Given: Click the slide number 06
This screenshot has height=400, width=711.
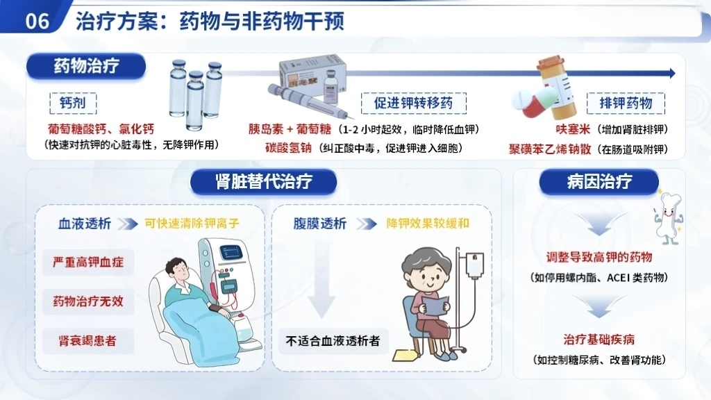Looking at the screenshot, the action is [x=37, y=21].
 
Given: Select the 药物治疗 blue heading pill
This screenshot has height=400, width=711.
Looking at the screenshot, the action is [x=86, y=66].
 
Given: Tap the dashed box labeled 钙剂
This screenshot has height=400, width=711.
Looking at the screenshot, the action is [x=73, y=103].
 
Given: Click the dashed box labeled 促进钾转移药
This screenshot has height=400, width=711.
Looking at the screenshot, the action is [x=414, y=103].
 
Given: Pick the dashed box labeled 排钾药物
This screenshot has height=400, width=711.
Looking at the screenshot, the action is [x=626, y=103].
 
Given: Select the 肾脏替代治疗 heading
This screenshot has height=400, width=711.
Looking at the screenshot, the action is [x=263, y=182].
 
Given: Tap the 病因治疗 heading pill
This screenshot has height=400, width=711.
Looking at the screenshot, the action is [x=599, y=182].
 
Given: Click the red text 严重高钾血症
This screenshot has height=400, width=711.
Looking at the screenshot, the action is [x=88, y=262].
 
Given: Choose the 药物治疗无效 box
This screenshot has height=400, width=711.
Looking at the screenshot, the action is [x=88, y=301].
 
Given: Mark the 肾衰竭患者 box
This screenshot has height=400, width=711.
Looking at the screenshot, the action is [x=88, y=341].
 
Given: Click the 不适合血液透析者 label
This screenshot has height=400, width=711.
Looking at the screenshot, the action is [x=333, y=341].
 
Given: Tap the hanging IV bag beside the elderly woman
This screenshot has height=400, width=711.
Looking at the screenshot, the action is [x=475, y=265].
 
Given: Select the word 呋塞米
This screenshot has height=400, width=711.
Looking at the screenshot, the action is [x=573, y=129].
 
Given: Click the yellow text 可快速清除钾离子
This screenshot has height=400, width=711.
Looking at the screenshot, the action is [x=192, y=223].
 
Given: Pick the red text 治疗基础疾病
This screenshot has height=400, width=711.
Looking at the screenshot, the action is [x=599, y=339].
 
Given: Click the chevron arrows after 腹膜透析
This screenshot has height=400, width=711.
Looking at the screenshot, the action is [x=367, y=224].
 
